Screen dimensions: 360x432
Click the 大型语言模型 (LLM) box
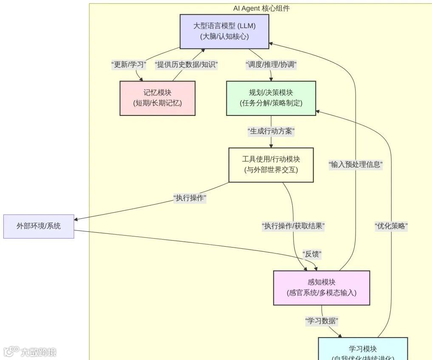224,31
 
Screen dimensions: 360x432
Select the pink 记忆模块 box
158,98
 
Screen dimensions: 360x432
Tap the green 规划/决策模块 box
271,98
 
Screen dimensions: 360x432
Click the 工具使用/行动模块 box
271,165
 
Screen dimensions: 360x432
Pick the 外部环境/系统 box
39,226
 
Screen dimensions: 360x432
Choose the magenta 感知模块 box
321,288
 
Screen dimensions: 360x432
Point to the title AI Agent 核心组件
261,8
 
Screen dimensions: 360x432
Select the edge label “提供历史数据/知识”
186,65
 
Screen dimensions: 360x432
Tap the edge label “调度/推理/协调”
271,65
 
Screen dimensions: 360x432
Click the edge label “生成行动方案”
271,132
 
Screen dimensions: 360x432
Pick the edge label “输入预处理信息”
356,165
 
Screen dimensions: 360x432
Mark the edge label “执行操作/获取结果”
293,226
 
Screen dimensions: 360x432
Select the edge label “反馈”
312,254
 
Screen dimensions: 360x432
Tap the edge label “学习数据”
322,321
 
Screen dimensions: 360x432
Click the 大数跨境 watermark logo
30,352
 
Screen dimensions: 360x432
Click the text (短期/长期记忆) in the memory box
158,103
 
